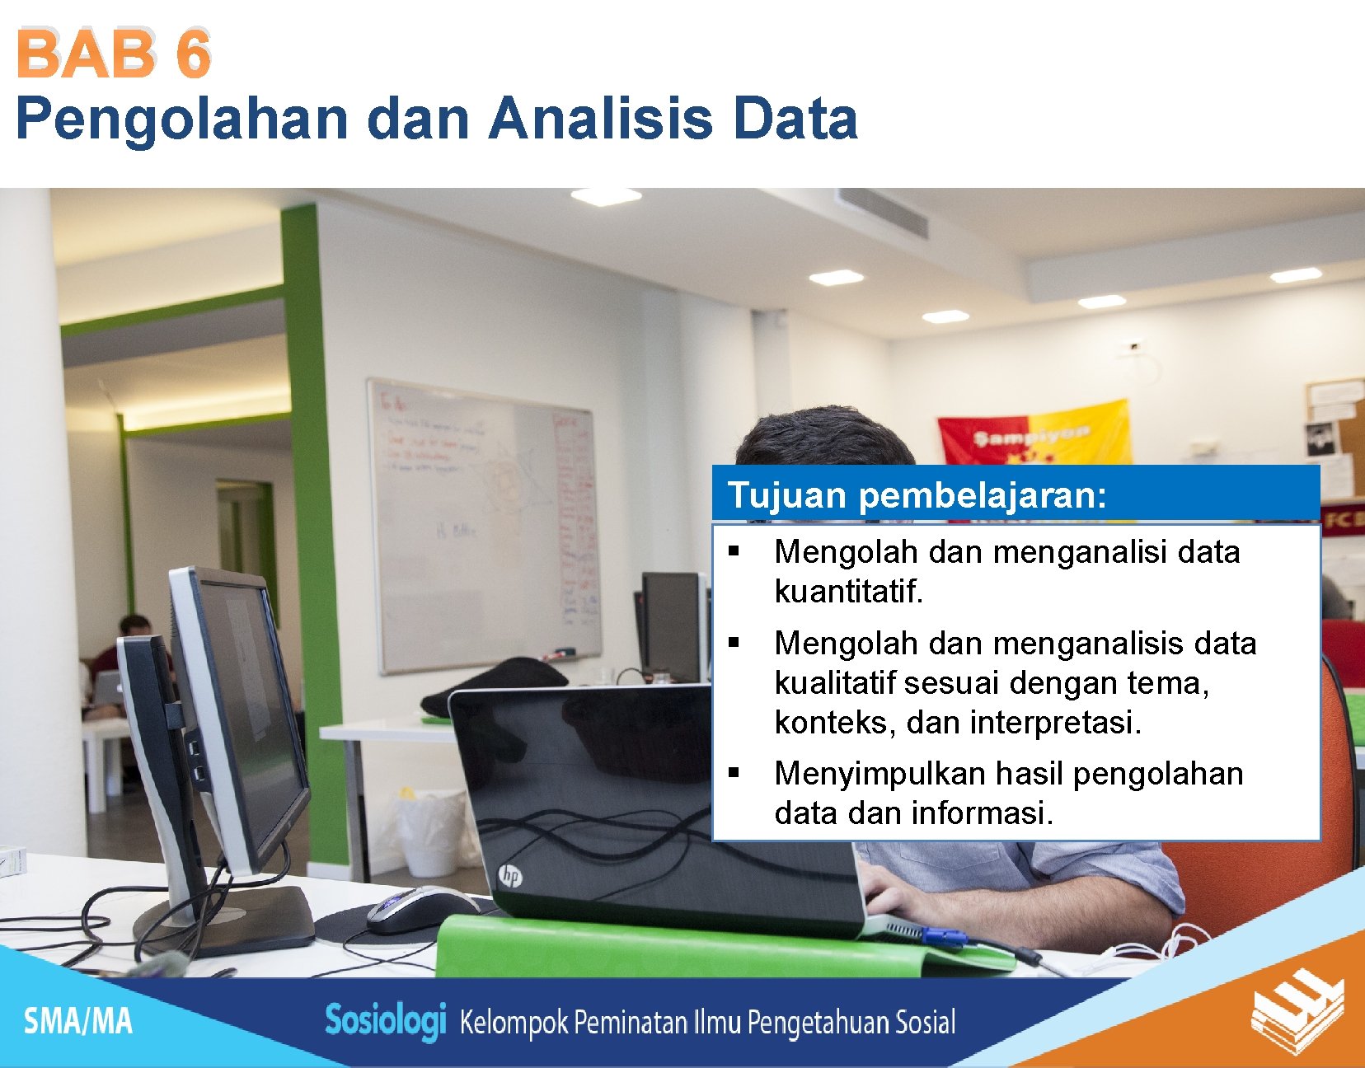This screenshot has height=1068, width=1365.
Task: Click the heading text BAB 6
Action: pyautogui.click(x=114, y=54)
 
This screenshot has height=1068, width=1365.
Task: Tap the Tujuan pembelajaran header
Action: pyautogui.click(x=917, y=495)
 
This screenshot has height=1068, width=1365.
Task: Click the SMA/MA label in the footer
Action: pyautogui.click(x=77, y=1021)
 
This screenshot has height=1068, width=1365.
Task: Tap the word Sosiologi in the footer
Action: pyautogui.click(x=385, y=1021)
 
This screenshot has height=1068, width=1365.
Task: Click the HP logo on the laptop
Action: pyautogui.click(x=510, y=876)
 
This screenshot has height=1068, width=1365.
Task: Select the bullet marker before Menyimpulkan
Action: pyautogui.click(x=734, y=773)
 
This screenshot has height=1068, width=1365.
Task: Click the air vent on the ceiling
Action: pyautogui.click(x=883, y=212)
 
